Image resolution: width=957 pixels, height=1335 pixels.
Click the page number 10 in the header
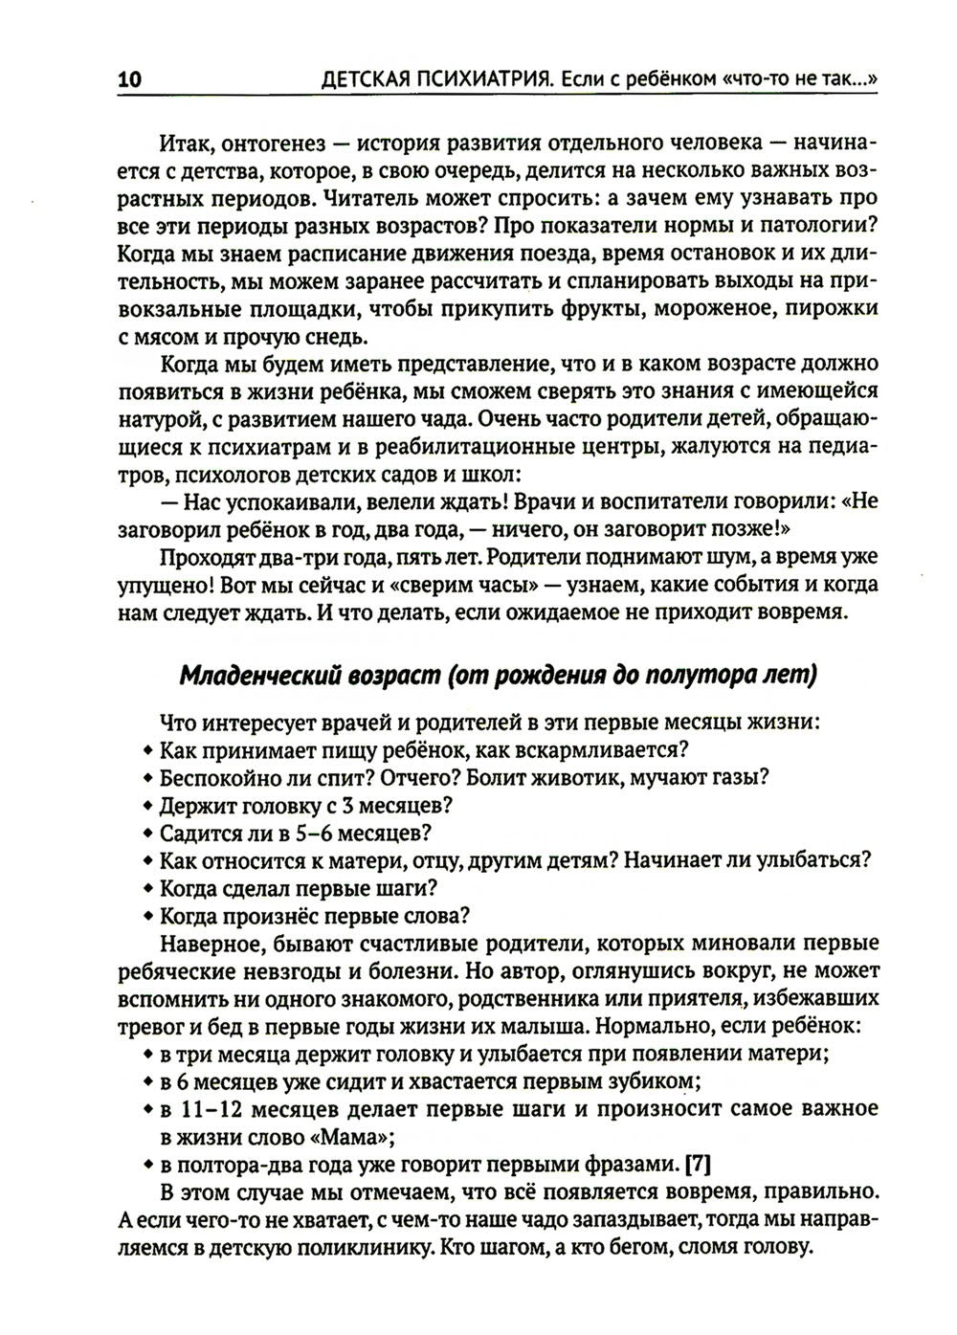tap(129, 80)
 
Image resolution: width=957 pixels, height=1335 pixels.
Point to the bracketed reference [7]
tap(698, 1165)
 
